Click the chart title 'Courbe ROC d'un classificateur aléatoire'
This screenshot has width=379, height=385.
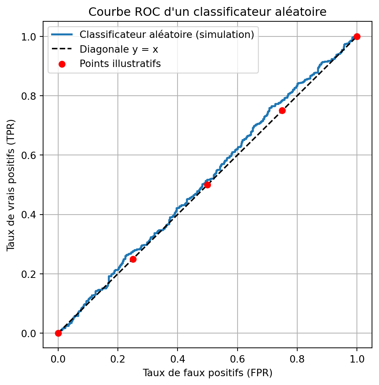click(207, 12)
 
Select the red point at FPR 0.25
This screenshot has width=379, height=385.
click(133, 259)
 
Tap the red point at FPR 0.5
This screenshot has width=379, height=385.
click(207, 185)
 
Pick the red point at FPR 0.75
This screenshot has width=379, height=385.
click(282, 110)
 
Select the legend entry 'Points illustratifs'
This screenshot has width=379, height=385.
click(120, 63)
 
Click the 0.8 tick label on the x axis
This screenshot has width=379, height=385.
click(297, 357)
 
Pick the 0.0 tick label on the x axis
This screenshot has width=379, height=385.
click(58, 357)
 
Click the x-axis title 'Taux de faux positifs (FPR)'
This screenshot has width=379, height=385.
click(207, 373)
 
